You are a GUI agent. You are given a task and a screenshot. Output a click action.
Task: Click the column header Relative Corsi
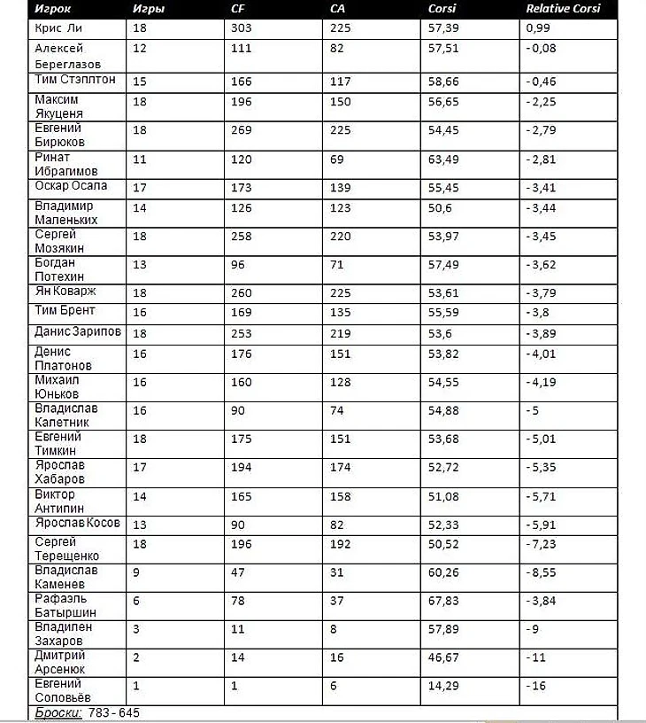tap(563, 9)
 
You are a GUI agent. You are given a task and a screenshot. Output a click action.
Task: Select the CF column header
tap(238, 9)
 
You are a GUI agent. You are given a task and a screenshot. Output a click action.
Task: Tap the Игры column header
tap(148, 9)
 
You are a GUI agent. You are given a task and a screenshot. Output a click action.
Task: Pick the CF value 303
tap(242, 28)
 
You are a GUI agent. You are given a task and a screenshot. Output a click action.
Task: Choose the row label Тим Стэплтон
tap(75, 81)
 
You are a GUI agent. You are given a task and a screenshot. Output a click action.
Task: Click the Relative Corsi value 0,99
tap(537, 28)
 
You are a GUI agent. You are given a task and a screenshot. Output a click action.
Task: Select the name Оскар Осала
tap(71, 186)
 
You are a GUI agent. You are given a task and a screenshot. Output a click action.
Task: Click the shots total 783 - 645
tap(114, 713)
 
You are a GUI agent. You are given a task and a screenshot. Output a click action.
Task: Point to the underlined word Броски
tap(59, 713)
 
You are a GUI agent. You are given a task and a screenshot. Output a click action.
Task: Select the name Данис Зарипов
tap(78, 332)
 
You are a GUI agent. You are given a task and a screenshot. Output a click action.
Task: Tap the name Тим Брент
tap(65, 311)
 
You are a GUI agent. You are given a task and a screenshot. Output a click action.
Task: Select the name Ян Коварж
tap(65, 292)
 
